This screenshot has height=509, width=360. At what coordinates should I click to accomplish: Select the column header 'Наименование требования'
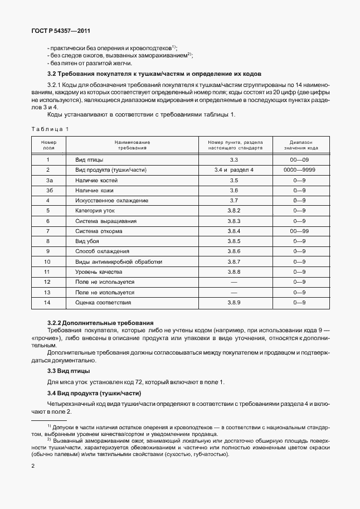coord(133,146)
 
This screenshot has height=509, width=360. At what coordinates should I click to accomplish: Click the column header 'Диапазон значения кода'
coord(301,146)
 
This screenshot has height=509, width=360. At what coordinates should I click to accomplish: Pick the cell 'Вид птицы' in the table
coord(89,160)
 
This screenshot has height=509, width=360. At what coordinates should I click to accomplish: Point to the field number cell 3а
coord(49,180)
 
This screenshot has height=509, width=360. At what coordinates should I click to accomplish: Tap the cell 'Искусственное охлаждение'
coord(111,200)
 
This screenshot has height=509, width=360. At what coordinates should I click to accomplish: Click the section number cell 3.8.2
coord(233,211)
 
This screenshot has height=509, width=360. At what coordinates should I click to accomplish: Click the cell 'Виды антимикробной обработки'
coord(119,261)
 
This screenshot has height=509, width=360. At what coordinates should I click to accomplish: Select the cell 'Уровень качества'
coord(99,272)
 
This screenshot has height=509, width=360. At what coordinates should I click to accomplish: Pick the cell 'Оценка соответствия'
coord(103,302)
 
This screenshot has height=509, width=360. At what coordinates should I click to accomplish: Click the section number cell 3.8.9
coord(233,302)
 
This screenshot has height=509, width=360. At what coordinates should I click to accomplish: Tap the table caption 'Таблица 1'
coord(50,129)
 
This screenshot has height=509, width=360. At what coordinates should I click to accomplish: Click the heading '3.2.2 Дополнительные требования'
coord(100,323)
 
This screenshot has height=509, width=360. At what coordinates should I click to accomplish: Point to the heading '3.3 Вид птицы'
coord(69,371)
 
